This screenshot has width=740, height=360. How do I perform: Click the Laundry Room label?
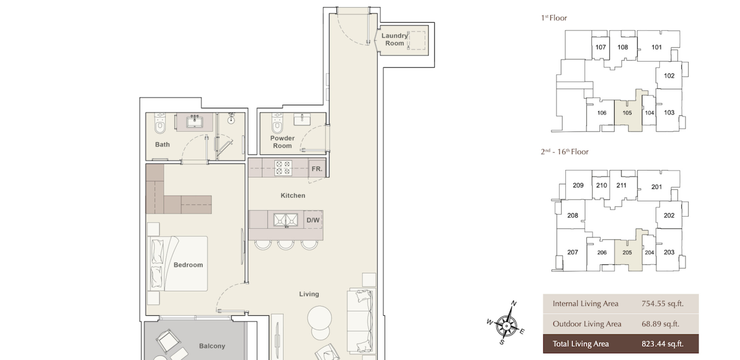click(394, 39)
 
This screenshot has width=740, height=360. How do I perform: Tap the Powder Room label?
click(282, 142)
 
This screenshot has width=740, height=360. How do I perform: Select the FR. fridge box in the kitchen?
click(317, 169)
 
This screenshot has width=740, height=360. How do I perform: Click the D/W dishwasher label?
click(313, 220)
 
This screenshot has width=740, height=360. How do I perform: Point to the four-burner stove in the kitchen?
click(283, 168)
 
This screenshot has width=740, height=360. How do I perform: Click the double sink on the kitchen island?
click(286, 220)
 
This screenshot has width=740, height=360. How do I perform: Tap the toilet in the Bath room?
click(160, 123)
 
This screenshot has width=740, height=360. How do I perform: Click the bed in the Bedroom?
click(178, 264)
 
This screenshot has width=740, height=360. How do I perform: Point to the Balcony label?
click(212, 346)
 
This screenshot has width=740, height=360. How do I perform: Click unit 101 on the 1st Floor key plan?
click(657, 47)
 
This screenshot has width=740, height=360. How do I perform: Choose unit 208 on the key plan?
click(573, 215)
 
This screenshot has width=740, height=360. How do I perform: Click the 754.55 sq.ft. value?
click(662, 304)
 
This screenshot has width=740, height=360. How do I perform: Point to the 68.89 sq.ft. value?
click(660, 324)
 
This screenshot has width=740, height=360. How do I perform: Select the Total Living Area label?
click(581, 344)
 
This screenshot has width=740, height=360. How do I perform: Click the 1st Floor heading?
click(554, 18)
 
